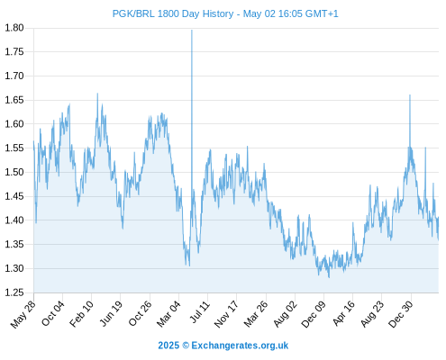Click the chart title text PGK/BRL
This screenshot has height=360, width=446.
point(133,13)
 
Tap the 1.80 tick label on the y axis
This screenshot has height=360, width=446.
point(14,28)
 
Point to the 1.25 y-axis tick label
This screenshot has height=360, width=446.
point(14,292)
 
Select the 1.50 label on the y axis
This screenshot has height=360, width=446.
point(14,172)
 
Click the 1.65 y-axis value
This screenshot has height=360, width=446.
point(14,100)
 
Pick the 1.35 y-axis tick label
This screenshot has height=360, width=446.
point(14,245)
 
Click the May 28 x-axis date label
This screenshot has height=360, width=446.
point(23,314)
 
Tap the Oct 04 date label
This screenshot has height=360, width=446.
point(53,313)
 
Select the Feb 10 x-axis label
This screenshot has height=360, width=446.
point(81,314)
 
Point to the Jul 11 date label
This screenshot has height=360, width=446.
point(200,312)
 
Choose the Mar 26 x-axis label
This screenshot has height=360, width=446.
point(256,314)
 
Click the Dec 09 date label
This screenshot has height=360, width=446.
point(314,314)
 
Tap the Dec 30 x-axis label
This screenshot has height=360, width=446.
point(401,314)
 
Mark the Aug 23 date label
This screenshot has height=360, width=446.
point(372,314)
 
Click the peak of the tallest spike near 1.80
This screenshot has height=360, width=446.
point(192,30)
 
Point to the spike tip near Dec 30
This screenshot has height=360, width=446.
point(410,95)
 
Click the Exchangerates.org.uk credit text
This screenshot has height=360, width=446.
point(240,346)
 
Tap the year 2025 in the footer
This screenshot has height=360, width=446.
point(168,346)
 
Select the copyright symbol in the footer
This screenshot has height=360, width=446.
point(186,346)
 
